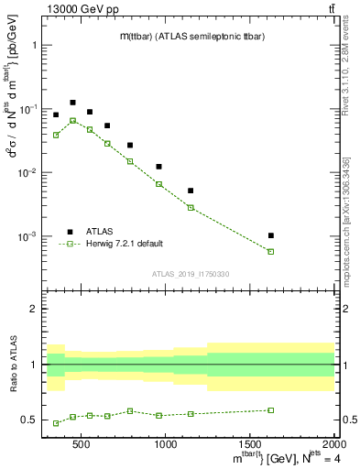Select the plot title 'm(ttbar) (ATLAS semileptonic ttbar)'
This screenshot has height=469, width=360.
(188, 36)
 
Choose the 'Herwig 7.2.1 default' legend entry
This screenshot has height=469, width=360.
(124, 244)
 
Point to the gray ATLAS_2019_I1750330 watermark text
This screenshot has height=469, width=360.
(190, 274)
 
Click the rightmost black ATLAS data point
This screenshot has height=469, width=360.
(271, 235)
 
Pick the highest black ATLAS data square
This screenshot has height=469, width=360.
(72, 103)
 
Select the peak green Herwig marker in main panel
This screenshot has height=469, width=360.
(72, 120)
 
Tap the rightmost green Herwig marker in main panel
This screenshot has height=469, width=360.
(271, 251)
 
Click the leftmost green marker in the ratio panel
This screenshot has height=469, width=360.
(56, 423)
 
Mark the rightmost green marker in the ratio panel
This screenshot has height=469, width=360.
(271, 410)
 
